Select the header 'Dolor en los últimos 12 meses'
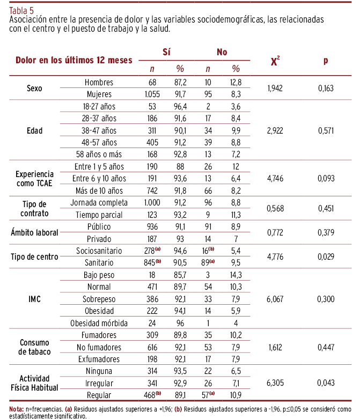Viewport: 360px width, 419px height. [x=74, y=60]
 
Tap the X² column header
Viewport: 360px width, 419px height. [x=275, y=61]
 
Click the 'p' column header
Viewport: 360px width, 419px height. [x=326, y=61]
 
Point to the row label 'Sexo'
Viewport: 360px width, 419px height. [x=34, y=88]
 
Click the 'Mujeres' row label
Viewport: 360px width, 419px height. [x=99, y=94]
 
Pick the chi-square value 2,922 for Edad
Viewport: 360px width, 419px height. [x=275, y=130]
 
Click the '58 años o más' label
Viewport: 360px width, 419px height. [x=99, y=155]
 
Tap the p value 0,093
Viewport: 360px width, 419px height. [x=326, y=179]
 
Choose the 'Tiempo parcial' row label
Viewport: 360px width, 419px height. [x=99, y=215]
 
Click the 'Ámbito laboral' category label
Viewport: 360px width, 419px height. [x=34, y=232]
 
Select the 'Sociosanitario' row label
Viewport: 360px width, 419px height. [x=99, y=251]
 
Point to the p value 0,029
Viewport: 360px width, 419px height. [x=326, y=256]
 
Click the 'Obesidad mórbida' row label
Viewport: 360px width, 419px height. [x=99, y=323]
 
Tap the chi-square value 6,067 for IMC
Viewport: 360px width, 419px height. [x=275, y=299]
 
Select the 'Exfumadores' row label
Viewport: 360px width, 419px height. [x=99, y=359]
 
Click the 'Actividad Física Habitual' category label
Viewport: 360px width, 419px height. [x=34, y=383]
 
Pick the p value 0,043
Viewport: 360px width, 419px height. [x=326, y=383]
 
